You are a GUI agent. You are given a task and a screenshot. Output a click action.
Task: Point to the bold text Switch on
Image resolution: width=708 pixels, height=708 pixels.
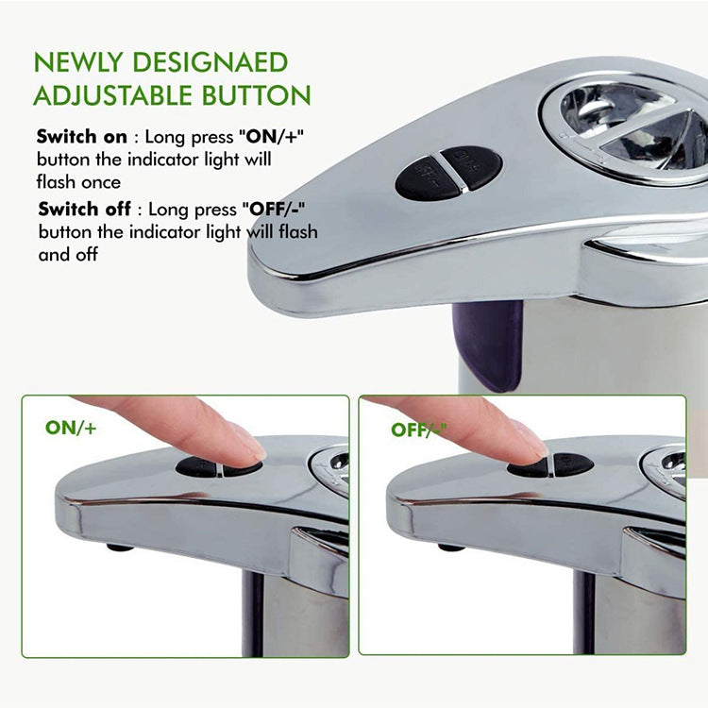(78, 137)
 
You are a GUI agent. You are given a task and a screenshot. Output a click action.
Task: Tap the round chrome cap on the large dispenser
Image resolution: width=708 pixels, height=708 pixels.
(628, 127)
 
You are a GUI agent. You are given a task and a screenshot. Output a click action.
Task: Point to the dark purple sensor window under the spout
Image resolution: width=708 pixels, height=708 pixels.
(488, 345)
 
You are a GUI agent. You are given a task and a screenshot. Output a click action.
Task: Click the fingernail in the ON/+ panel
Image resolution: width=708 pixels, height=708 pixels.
(247, 443)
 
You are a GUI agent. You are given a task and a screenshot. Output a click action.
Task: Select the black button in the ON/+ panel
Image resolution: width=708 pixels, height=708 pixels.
(219, 467)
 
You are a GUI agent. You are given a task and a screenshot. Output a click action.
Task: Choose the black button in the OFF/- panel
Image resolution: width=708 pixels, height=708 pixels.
(550, 465)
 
